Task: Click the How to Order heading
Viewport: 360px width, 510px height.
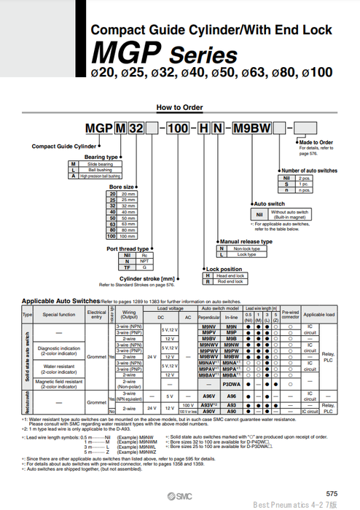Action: pos(179,107)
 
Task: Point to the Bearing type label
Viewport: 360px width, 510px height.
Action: pos(101,157)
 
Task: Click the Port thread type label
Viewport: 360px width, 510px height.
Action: pos(128,249)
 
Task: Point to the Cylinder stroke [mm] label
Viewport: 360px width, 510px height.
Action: pos(148,278)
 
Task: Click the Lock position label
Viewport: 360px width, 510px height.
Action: pos(224,269)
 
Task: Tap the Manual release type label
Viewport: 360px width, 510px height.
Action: pos(246,241)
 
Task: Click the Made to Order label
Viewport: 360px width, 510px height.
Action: pos(316,142)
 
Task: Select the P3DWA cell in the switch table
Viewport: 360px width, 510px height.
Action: pos(232,382)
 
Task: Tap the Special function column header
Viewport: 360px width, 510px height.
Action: pos(59,315)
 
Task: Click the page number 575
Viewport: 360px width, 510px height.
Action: pos(332,494)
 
